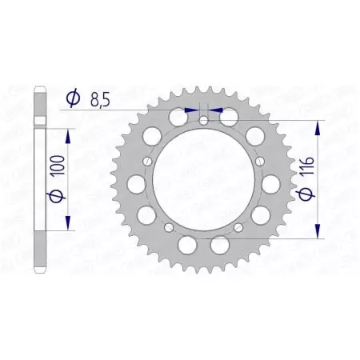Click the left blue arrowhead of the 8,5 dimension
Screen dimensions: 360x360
click(191, 111)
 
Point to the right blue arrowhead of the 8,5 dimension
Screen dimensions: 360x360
click(214, 111)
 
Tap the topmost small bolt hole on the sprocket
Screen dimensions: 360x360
click(203, 121)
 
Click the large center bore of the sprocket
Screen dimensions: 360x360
click(203, 180)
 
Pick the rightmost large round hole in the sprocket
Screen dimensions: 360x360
click(272, 184)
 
